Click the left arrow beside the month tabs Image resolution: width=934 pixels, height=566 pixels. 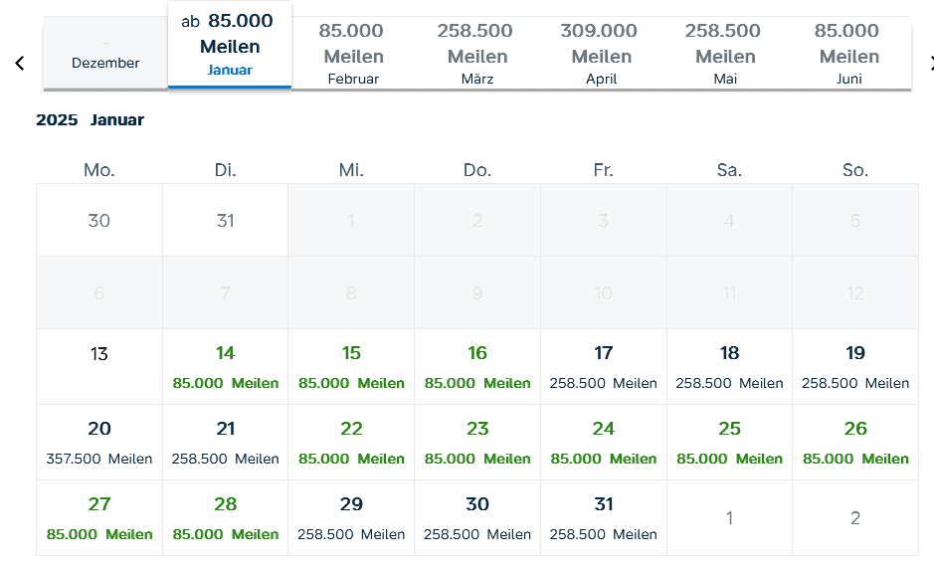pos(19,64)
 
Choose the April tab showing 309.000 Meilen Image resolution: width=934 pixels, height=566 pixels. pos(601,55)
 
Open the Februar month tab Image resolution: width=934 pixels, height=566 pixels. pos(353,55)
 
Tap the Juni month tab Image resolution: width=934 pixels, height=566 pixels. pos(847,55)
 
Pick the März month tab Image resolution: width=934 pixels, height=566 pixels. pos(476,55)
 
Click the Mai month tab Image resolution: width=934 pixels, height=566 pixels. pos(725,55)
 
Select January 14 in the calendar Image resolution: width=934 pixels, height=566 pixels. pos(226,366)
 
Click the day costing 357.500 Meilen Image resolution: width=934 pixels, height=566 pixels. pos(99,442)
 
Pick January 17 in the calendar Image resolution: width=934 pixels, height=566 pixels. pos(604,366)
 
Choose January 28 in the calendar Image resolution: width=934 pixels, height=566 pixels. pos(226,517)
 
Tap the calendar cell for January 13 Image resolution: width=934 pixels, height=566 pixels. pos(99,365)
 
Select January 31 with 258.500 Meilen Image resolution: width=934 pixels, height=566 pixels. pos(604,517)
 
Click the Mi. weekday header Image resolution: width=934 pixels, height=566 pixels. pos(351,170)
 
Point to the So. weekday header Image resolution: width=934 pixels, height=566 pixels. pos(855,170)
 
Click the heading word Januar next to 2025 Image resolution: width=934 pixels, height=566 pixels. pos(117,120)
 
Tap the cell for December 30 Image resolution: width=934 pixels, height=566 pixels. pos(99,220)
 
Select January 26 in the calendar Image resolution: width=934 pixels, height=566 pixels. pos(855,442)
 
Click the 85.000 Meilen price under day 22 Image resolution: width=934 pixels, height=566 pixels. pos(352,459)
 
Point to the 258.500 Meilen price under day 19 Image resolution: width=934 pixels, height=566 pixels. pos(855,383)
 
